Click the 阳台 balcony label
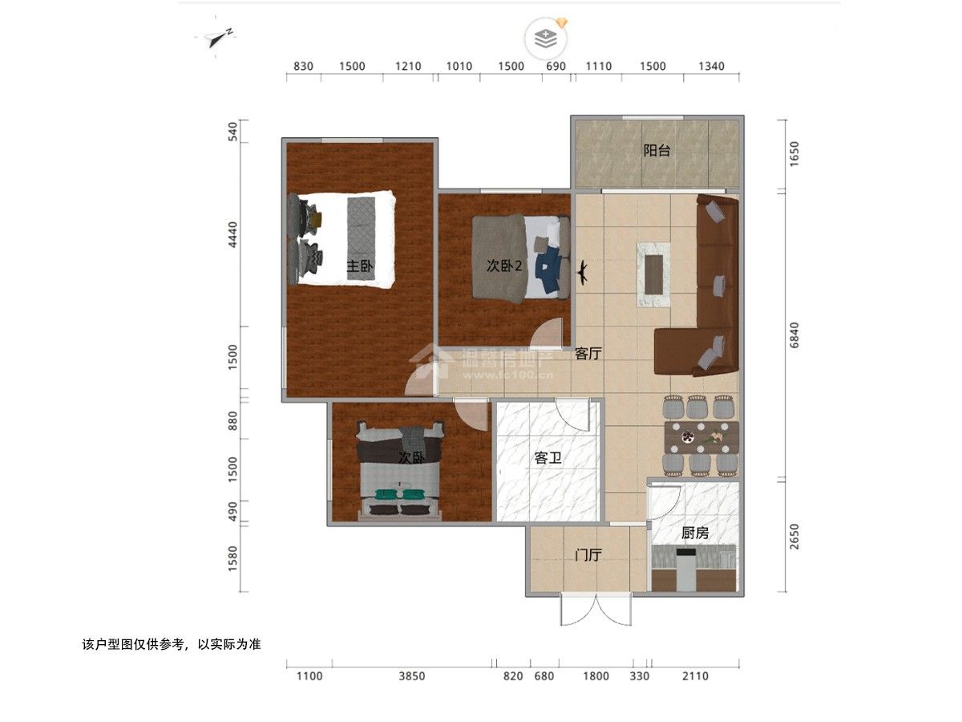coord(657,151)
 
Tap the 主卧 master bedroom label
coord(359,266)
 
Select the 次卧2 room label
coord(504,266)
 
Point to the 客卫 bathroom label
coord(548,458)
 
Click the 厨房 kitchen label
coord(695,533)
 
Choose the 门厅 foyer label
coord(588,555)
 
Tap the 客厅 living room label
coord(588,353)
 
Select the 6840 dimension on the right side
coord(794,335)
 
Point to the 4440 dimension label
coord(232,234)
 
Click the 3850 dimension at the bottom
coord(411,676)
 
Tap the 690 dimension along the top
coord(556,67)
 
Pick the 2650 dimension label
coord(794,536)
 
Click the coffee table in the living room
coord(653,274)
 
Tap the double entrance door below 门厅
coord(596,609)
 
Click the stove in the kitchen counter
coord(686,569)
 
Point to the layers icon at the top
coord(546,39)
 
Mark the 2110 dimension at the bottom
coord(695,676)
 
